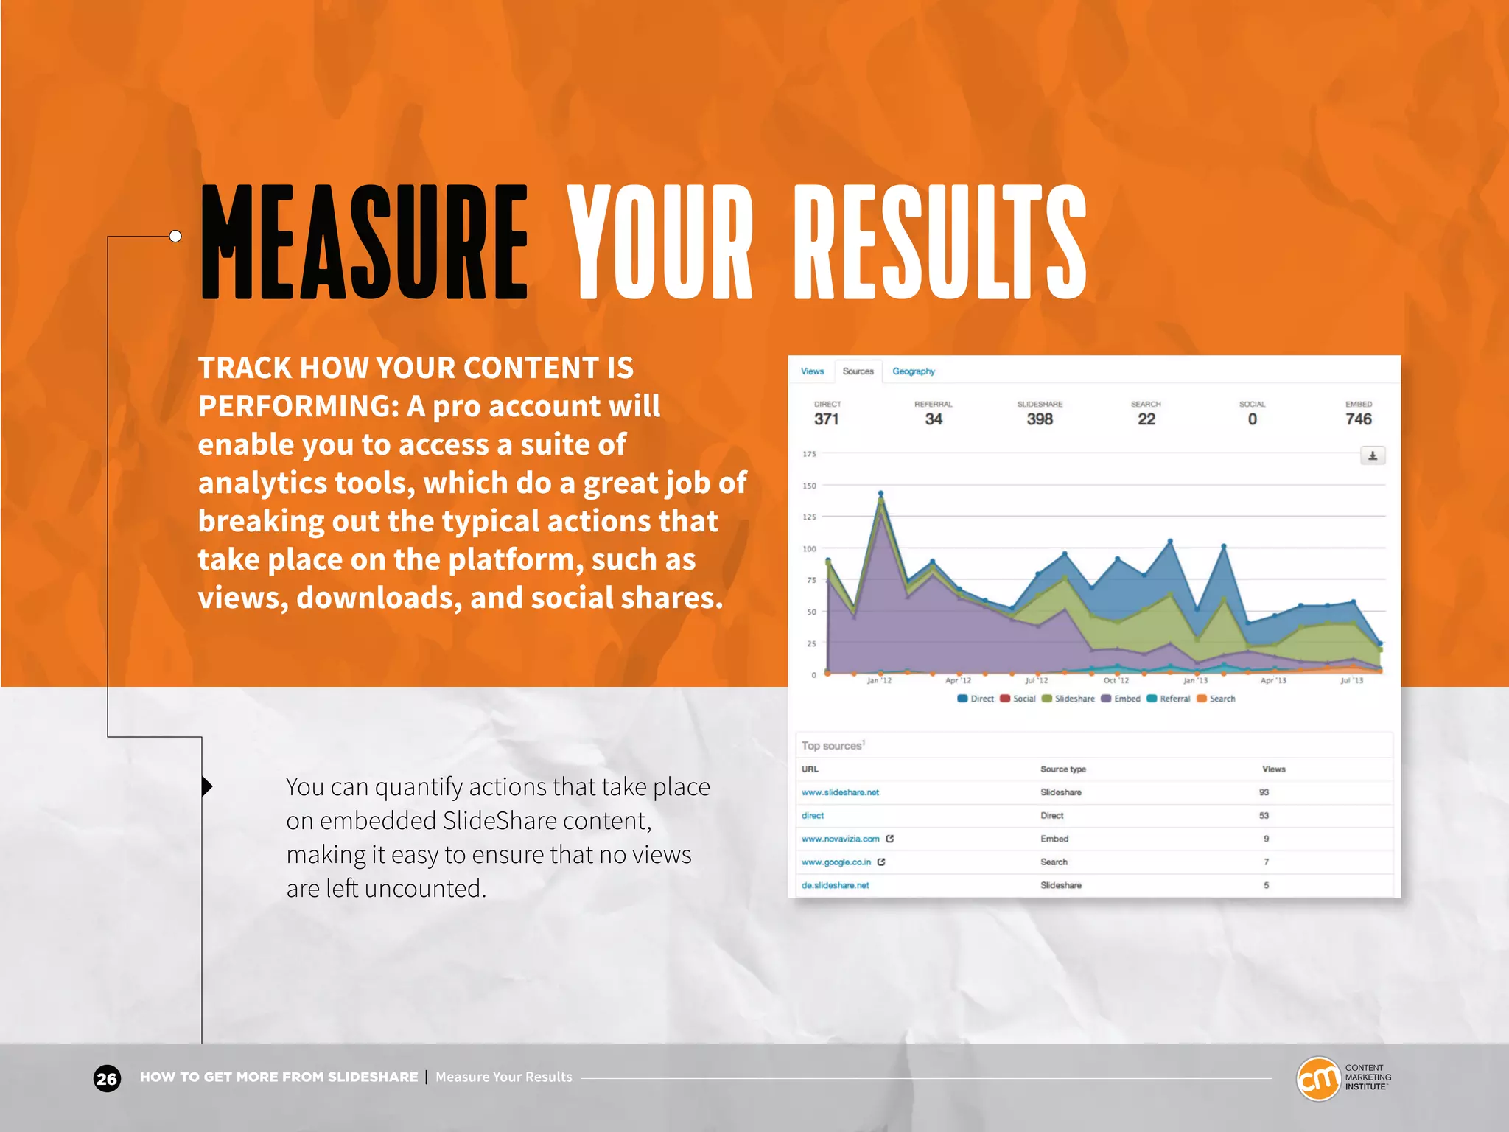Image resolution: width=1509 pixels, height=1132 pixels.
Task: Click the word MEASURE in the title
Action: point(364,243)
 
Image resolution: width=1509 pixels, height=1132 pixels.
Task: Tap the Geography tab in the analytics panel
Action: point(913,371)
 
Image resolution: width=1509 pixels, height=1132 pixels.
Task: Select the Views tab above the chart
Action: point(812,371)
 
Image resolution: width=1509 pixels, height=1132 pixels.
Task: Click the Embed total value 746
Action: point(1358,419)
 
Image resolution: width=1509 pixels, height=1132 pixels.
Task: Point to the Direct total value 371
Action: point(826,419)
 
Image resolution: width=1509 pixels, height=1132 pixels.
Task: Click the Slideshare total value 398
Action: point(1039,419)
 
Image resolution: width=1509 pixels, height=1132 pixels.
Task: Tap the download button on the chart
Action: point(1372,456)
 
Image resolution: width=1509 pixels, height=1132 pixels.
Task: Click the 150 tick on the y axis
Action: point(809,486)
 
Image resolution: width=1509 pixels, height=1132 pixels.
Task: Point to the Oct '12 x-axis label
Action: point(1116,681)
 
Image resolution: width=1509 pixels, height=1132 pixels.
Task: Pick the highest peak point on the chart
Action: point(880,494)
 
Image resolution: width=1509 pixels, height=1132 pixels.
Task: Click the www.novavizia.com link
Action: point(840,839)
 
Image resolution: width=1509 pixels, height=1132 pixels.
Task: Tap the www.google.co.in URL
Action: point(836,862)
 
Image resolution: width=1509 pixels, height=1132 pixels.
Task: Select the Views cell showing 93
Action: point(1264,792)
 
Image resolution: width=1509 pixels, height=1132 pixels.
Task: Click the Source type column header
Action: point(1062,769)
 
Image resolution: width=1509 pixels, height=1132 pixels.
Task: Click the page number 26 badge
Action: point(107,1079)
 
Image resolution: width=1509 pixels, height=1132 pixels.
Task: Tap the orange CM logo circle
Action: point(1317,1079)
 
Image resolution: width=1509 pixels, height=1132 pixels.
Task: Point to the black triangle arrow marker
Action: point(207,786)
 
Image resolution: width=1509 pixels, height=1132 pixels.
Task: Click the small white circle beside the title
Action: point(175,237)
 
